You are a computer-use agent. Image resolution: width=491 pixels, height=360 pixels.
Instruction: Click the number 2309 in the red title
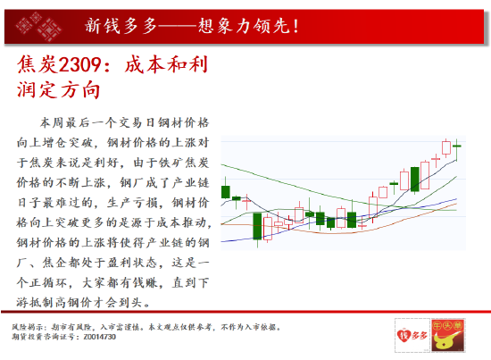tap(79, 64)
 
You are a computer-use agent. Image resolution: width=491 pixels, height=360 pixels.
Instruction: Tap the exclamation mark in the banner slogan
tap(295, 26)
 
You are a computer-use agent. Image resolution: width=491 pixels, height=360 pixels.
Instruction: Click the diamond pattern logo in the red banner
tap(38, 27)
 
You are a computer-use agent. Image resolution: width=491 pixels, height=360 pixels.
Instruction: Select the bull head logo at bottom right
tap(447, 335)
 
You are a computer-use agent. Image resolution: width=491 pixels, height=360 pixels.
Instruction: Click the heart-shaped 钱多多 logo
tap(412, 335)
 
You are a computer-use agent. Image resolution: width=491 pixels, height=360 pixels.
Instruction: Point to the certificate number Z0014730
tap(100, 337)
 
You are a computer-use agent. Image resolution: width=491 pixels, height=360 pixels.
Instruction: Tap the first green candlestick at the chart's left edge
tap(226, 191)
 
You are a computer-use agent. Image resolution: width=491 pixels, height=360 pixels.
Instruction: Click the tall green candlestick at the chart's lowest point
tap(257, 226)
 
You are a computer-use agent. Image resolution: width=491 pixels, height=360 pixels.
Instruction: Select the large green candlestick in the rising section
tap(414, 180)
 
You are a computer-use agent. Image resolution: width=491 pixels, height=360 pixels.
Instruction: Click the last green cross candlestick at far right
tap(457, 149)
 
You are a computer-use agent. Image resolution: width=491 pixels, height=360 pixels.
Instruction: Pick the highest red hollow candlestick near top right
tap(445, 148)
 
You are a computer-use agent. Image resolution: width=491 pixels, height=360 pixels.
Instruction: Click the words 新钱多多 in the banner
tap(121, 26)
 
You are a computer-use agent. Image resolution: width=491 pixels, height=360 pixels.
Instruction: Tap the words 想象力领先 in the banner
tap(244, 26)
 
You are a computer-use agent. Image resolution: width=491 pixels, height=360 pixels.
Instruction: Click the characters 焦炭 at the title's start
tap(37, 64)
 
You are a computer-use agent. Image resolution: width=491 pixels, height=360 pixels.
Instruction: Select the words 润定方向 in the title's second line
tap(59, 89)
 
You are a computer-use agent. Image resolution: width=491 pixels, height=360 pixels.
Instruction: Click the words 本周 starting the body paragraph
tap(52, 122)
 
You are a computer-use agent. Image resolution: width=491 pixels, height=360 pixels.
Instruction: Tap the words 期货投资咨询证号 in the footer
tap(45, 337)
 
